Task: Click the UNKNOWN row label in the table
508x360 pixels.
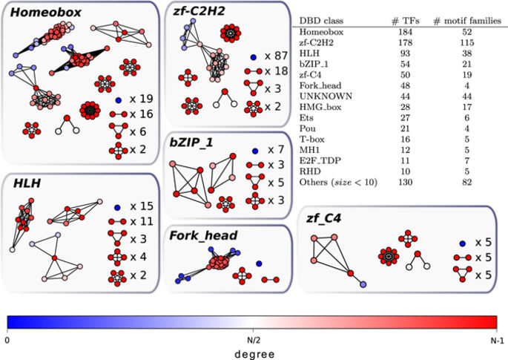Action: pos(321,96)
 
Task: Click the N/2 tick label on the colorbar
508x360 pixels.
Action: pos(252,338)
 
